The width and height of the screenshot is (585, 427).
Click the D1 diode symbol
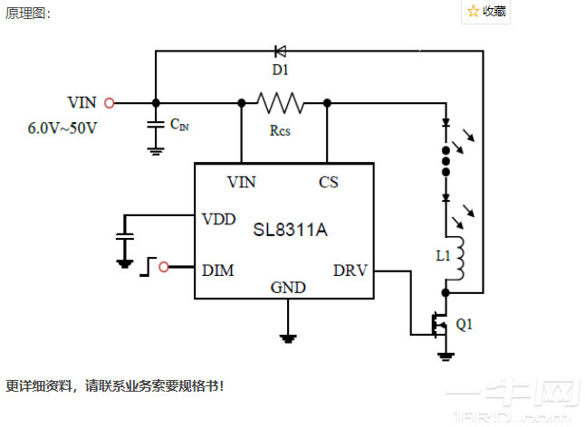click(279, 51)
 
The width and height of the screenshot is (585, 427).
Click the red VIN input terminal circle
click(110, 103)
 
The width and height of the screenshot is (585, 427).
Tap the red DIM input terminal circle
click(164, 267)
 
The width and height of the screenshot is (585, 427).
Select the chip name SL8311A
click(289, 230)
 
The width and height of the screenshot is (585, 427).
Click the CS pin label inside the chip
click(328, 182)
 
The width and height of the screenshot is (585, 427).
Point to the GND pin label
click(288, 288)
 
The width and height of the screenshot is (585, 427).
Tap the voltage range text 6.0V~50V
click(62, 128)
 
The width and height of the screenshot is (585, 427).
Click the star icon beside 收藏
click(473, 11)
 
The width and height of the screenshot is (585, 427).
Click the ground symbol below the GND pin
click(288, 338)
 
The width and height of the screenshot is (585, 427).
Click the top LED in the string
click(445, 122)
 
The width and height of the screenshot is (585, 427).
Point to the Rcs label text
click(280, 129)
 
